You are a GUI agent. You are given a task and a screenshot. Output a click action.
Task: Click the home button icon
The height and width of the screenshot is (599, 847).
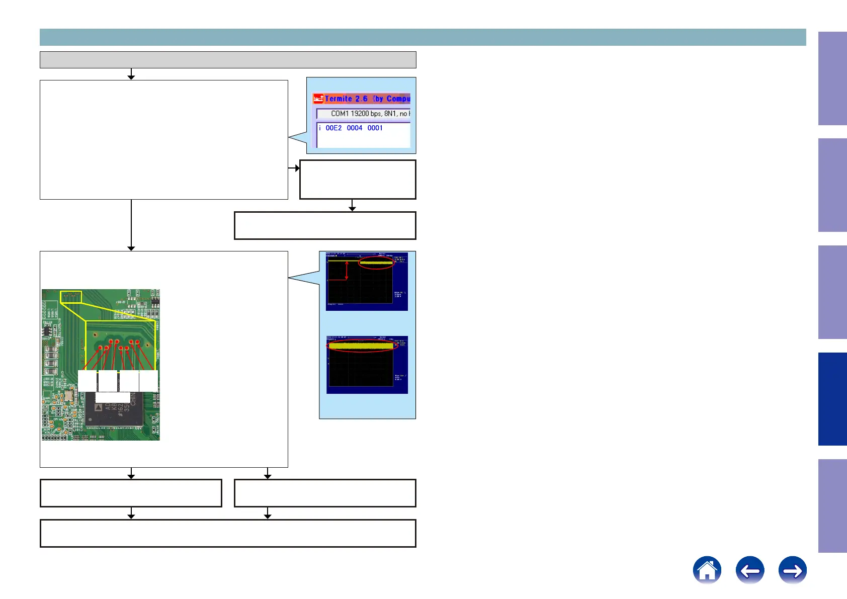pyautogui.click(x=707, y=570)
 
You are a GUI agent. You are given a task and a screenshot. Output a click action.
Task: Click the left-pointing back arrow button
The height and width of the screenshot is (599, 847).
pyautogui.click(x=749, y=570)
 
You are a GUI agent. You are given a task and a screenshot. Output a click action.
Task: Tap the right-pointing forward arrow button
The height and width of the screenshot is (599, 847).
pyautogui.click(x=792, y=570)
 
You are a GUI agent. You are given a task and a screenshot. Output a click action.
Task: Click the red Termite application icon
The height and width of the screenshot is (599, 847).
pyautogui.click(x=318, y=99)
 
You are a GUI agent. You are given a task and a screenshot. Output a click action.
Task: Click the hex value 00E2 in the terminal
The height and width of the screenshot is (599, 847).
pyautogui.click(x=333, y=128)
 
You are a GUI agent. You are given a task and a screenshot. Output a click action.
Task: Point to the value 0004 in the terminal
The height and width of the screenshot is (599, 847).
pyautogui.click(x=355, y=128)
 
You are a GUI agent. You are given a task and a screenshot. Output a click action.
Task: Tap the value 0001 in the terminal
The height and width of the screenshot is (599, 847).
pyautogui.click(x=375, y=128)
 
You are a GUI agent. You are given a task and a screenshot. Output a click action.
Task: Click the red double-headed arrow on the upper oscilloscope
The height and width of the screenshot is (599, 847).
pyautogui.click(x=347, y=270)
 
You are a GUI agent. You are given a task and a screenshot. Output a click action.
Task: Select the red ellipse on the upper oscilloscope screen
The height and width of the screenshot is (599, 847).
pyautogui.click(x=376, y=263)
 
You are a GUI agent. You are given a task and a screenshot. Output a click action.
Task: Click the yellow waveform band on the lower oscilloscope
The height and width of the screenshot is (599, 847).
pyautogui.click(x=361, y=346)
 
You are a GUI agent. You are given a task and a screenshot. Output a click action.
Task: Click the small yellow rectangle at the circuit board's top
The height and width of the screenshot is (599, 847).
pyautogui.click(x=71, y=297)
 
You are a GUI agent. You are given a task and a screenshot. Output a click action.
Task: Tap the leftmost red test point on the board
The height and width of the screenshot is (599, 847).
pyautogui.click(x=101, y=348)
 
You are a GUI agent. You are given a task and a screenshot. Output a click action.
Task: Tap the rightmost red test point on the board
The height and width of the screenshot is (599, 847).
pyautogui.click(x=138, y=342)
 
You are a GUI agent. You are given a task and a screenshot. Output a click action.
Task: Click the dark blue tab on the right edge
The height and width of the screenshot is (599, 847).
pyautogui.click(x=832, y=399)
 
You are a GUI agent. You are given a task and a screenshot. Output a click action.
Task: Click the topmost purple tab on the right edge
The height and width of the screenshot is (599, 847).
pyautogui.click(x=832, y=78)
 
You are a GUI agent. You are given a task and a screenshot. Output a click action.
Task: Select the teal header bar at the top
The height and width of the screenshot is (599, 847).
pyautogui.click(x=422, y=37)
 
